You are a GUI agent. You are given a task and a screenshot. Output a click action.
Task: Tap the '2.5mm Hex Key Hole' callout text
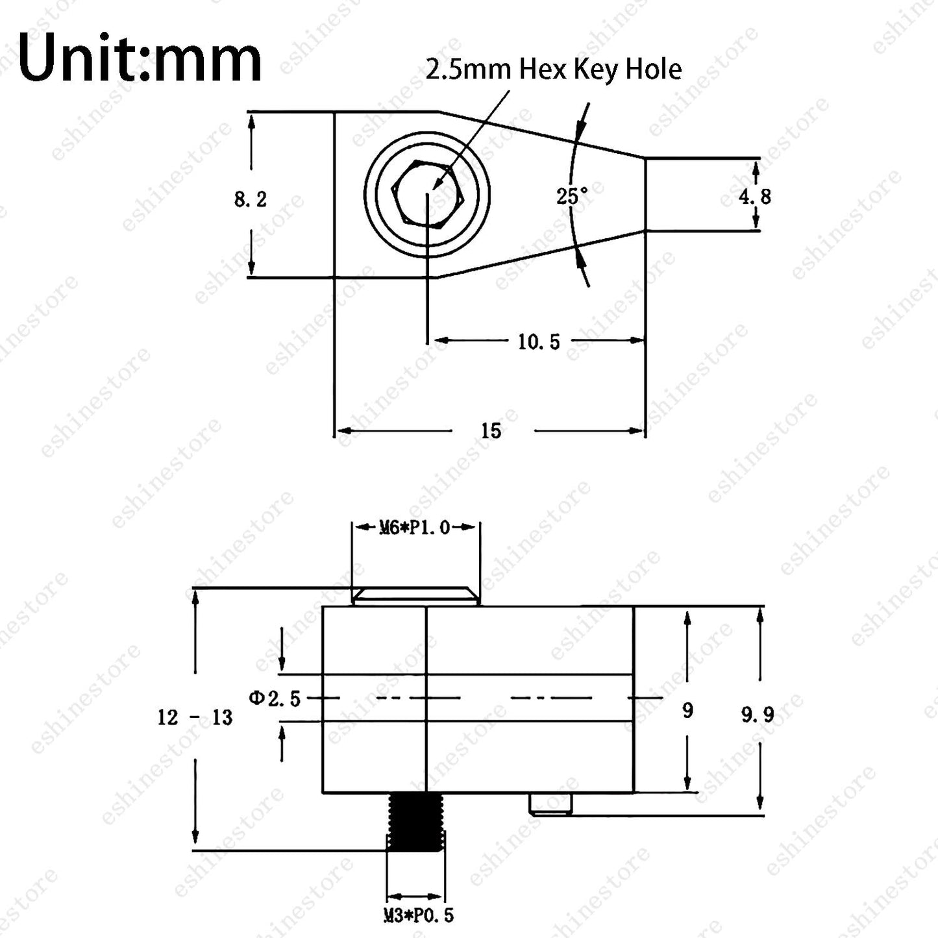[x=554, y=69]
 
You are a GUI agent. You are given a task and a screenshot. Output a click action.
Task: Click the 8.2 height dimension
[x=250, y=199]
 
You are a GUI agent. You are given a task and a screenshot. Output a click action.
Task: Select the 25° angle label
[x=572, y=196]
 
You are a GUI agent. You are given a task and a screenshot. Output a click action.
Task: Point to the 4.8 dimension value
[x=755, y=196]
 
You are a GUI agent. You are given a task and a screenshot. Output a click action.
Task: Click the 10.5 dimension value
[x=539, y=341]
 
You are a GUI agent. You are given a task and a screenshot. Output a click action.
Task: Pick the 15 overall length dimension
[x=491, y=431]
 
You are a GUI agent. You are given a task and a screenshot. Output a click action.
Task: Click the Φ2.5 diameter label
[x=275, y=699]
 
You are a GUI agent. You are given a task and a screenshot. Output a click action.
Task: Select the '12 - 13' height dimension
[x=195, y=717]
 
